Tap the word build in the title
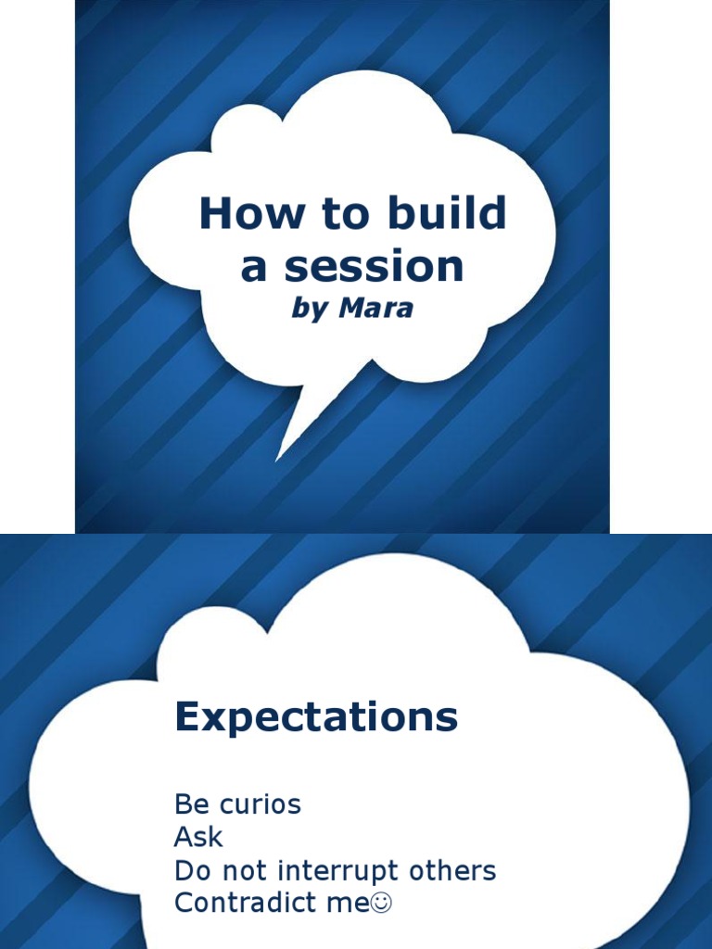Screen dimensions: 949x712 point(452,215)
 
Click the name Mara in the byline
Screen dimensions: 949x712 point(375,309)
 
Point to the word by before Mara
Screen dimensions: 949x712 point(310,310)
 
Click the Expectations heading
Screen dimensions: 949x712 point(316,717)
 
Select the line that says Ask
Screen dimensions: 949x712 point(198,837)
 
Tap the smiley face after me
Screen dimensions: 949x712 point(382,905)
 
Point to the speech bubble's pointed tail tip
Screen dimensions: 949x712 point(278,459)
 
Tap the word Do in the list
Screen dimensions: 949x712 point(191,871)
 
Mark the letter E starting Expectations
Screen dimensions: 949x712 point(188,717)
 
